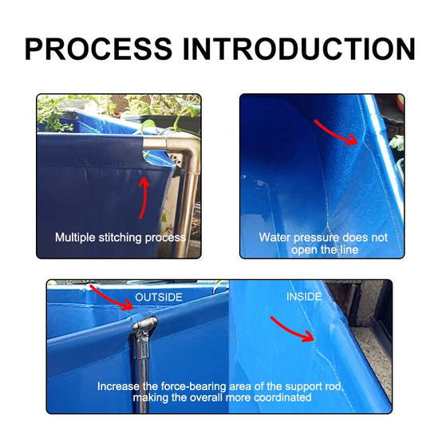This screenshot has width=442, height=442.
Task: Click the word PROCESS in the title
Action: (x=98, y=49)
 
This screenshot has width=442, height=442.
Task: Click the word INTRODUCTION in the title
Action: (x=299, y=49)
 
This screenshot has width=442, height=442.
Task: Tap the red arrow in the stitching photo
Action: (x=144, y=197)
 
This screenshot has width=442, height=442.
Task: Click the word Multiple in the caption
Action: (x=75, y=238)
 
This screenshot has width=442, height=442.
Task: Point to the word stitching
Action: (x=120, y=238)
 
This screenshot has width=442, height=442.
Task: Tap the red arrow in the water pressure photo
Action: (x=336, y=132)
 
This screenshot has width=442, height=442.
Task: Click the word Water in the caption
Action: (x=274, y=237)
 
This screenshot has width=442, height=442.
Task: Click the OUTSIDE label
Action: (x=159, y=297)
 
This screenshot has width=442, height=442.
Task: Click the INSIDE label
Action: (x=304, y=297)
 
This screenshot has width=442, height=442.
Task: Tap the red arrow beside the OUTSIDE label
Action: (x=111, y=298)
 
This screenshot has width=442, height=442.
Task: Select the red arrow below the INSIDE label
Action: (x=292, y=330)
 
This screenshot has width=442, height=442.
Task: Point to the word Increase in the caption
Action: (x=118, y=386)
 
